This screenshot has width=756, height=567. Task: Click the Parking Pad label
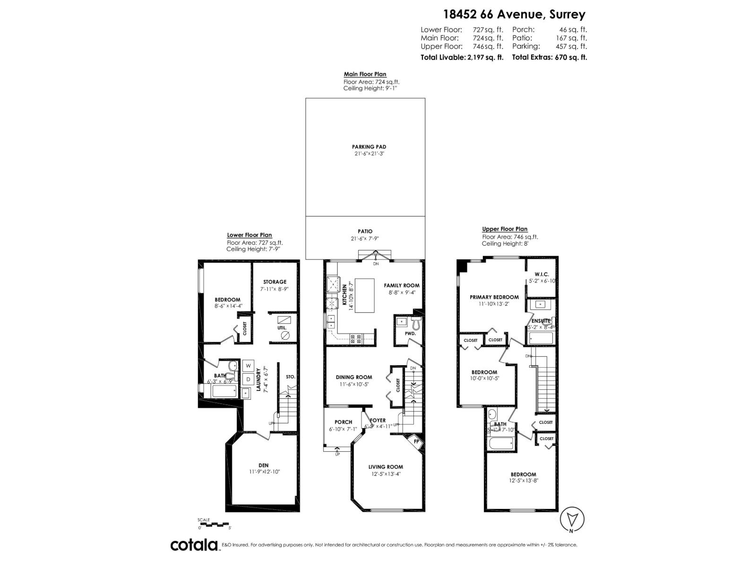369,147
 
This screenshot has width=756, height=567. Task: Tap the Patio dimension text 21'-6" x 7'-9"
365,239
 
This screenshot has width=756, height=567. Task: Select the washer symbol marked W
248,365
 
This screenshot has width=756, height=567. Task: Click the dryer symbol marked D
248,379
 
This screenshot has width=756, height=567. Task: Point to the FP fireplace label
416,442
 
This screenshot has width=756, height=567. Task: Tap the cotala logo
194,545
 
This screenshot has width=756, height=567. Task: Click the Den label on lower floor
264,465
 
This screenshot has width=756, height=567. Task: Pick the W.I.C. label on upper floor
541,274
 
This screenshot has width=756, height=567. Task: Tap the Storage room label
275,282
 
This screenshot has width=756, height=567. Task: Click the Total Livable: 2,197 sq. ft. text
462,57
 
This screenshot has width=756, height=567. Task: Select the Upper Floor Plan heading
505,229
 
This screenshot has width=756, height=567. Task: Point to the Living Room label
386,467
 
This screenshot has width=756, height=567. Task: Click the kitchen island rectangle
363,296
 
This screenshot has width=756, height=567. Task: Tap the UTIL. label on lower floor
282,327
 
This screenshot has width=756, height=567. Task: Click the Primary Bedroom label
494,297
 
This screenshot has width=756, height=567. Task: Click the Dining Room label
354,377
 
